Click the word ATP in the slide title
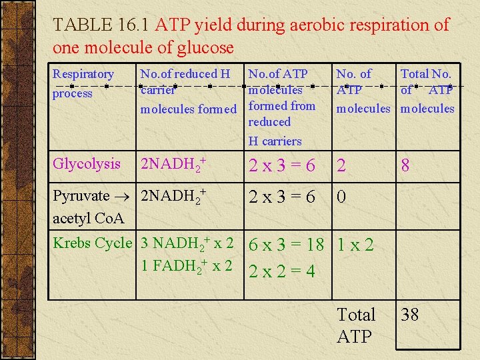pyautogui.click(x=172, y=25)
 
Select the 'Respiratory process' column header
pyautogui.click(x=83, y=83)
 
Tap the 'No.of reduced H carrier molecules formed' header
pyautogui.click(x=188, y=91)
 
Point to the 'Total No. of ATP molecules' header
pyautogui.click(x=427, y=91)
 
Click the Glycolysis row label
pyautogui.click(x=87, y=164)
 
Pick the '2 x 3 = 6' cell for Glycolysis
pyautogui.click(x=282, y=166)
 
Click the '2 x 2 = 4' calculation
pyautogui.click(x=282, y=271)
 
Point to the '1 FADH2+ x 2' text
pyautogui.click(x=187, y=266)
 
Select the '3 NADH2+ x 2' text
pyautogui.click(x=187, y=244)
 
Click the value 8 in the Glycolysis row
pyautogui.click(x=405, y=166)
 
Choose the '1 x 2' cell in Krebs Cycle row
pyautogui.click(x=355, y=245)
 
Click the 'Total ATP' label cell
pyautogui.click(x=356, y=325)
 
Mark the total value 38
pyautogui.click(x=410, y=315)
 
